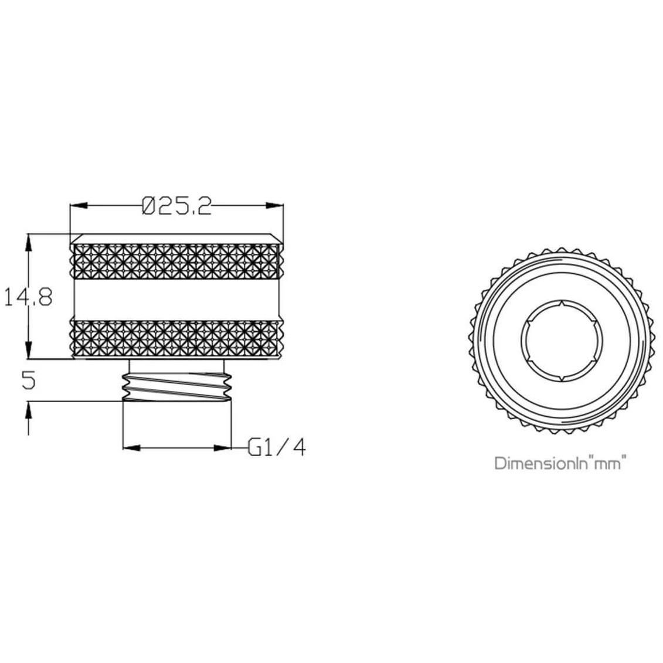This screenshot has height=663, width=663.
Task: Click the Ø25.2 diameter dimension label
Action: click(176, 206)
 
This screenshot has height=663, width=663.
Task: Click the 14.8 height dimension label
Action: click(29, 297)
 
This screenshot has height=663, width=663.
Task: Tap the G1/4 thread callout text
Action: click(277, 448)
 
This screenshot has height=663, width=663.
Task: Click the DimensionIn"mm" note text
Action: click(560, 463)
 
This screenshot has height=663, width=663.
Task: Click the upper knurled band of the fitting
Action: click(176, 261)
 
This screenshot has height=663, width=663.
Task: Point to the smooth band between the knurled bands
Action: click(176, 300)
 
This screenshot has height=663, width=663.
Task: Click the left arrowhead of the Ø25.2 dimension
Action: click(79, 206)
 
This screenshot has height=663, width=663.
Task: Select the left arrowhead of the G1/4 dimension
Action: click(131, 448)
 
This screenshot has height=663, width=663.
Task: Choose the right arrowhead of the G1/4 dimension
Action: click(222, 448)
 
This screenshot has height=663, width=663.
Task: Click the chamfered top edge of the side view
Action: click(176, 239)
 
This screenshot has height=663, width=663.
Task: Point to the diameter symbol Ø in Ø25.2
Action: click(149, 206)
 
